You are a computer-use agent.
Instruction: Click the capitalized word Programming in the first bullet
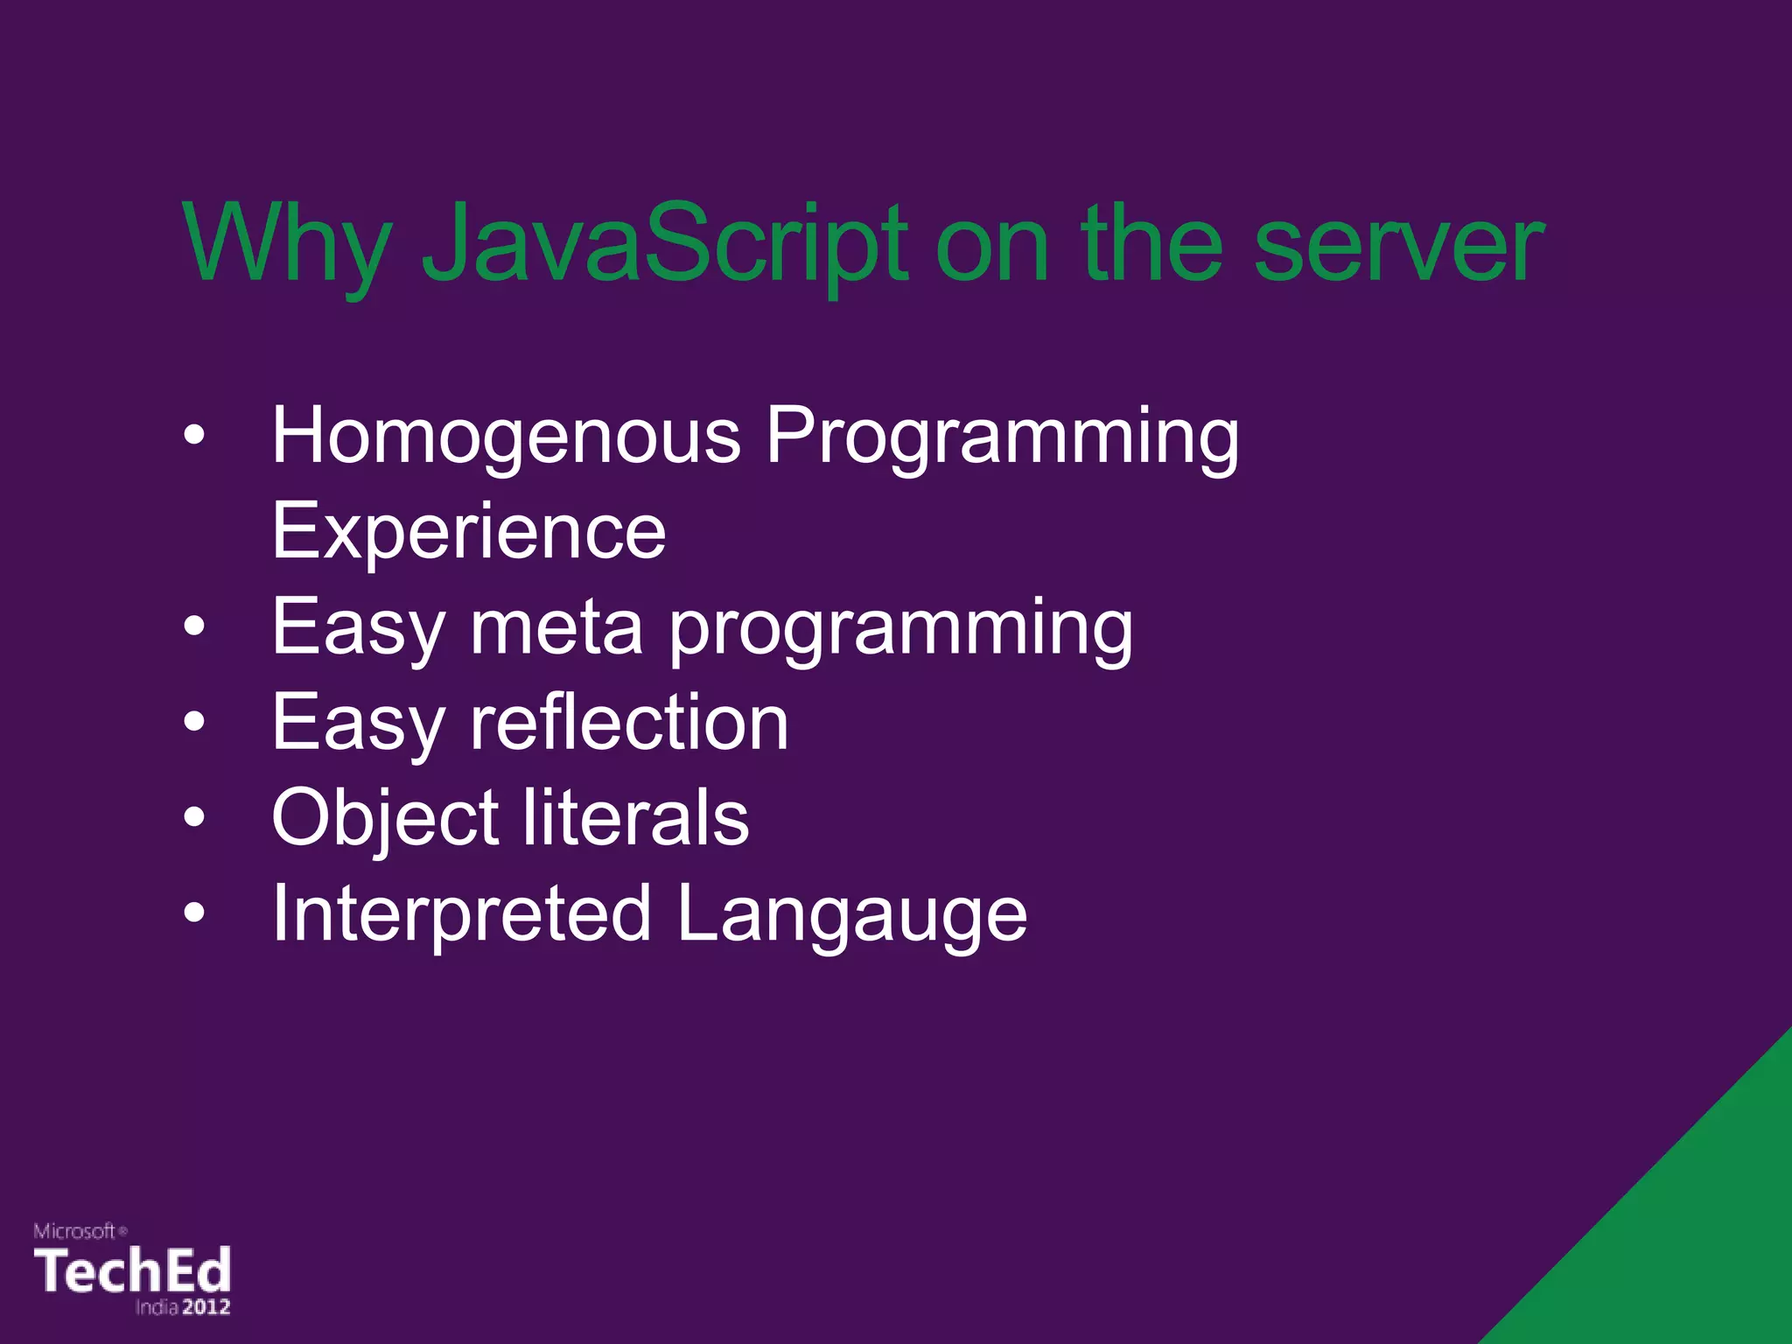[x=1003, y=437]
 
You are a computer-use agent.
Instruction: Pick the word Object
[x=385, y=818]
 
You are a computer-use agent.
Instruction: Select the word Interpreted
[x=462, y=914]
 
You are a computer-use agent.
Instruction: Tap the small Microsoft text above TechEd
[x=75, y=1231]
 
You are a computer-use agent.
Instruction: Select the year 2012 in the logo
[x=206, y=1307]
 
